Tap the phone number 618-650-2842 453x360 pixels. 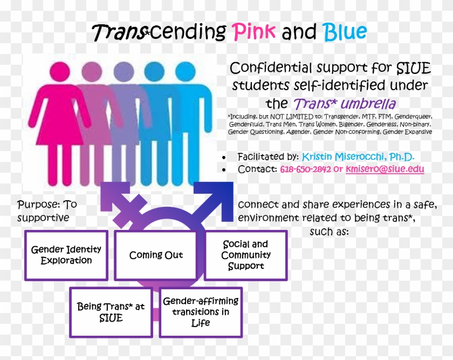pos(305,169)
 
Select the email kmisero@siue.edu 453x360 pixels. pos(385,169)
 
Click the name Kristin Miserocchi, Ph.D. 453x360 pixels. pos(358,157)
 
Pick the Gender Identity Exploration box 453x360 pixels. pos(66,255)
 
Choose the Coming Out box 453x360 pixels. pos(156,255)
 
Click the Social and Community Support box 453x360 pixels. pos(246,255)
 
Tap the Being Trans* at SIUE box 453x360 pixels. pos(111,312)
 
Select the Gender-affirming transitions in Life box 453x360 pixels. pos(201,312)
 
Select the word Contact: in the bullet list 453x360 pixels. pos(257,169)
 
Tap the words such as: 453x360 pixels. pos(330,232)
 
